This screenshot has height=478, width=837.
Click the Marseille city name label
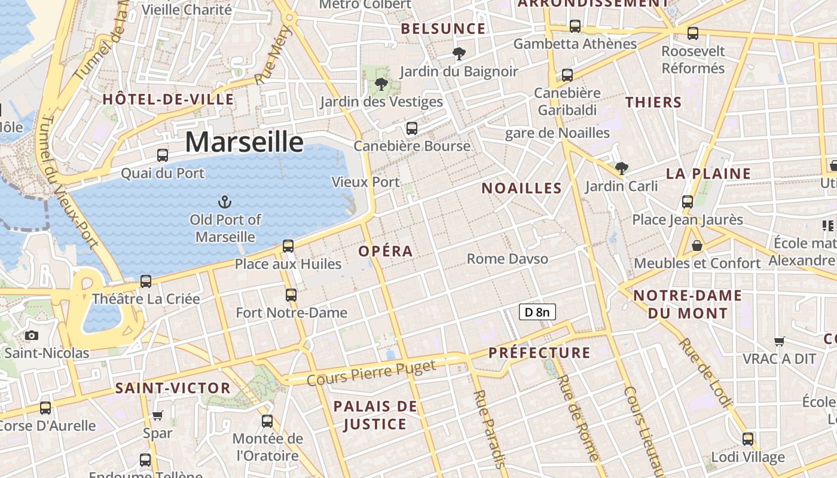point(244,142)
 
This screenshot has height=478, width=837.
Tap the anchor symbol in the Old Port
point(225,201)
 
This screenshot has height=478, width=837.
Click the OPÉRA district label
point(386,252)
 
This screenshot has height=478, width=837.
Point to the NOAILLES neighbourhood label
point(521,188)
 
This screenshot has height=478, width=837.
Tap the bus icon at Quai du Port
point(163,155)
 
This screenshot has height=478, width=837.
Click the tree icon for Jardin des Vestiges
point(381,84)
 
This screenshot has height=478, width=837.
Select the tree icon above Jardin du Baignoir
point(459,54)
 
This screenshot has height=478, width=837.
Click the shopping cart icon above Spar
point(158,415)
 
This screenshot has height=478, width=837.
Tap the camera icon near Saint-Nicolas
point(32,336)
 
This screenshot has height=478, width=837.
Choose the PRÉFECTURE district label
point(539,353)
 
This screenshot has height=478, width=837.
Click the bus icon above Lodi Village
point(747,439)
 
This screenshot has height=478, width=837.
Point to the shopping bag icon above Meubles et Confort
point(697,246)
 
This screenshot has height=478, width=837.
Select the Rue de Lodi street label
point(705,373)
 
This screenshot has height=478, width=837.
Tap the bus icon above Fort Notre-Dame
point(291,295)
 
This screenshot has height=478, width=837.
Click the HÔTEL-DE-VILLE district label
point(168,99)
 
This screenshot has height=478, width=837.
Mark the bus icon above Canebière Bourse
point(411,128)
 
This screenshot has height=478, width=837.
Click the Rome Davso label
point(507,259)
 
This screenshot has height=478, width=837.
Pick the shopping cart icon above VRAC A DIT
point(779,341)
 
